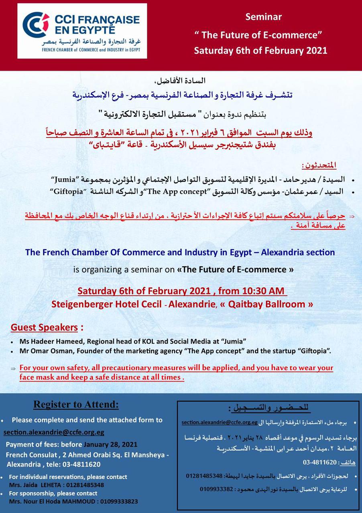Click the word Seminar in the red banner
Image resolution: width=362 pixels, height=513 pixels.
(264, 17)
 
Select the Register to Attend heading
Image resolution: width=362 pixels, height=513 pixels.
(76, 404)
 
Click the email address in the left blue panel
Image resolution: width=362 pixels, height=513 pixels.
(54, 432)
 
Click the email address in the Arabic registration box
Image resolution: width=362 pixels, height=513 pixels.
(219, 422)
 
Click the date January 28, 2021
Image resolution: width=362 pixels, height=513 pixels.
(110, 444)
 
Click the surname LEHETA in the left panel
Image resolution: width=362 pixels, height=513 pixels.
(45, 485)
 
